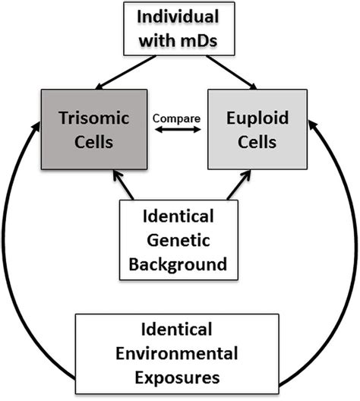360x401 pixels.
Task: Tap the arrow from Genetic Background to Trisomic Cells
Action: click(x=124, y=185)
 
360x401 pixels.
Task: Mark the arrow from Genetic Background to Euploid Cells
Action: click(x=232, y=185)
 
